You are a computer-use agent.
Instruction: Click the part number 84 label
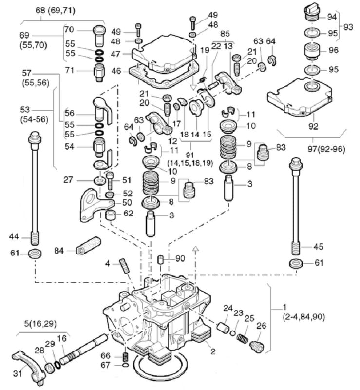pyautogui.click(x=59, y=251)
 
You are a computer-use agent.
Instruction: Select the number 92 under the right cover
pyautogui.click(x=313, y=126)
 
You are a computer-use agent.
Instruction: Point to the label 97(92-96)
pyautogui.click(x=326, y=149)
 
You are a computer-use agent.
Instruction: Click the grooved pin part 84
pyautogui.click(x=89, y=246)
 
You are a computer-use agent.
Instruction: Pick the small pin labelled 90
pyautogui.click(x=161, y=259)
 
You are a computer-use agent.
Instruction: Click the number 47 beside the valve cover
pyautogui.click(x=115, y=54)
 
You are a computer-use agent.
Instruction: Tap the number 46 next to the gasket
pyautogui.click(x=115, y=71)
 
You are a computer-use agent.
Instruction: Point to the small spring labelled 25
pyautogui.click(x=242, y=337)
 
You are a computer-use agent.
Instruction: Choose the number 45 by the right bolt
pyautogui.click(x=319, y=246)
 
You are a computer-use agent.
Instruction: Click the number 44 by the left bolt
pyautogui.click(x=14, y=236)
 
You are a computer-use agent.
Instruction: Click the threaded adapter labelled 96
pyautogui.click(x=312, y=51)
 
